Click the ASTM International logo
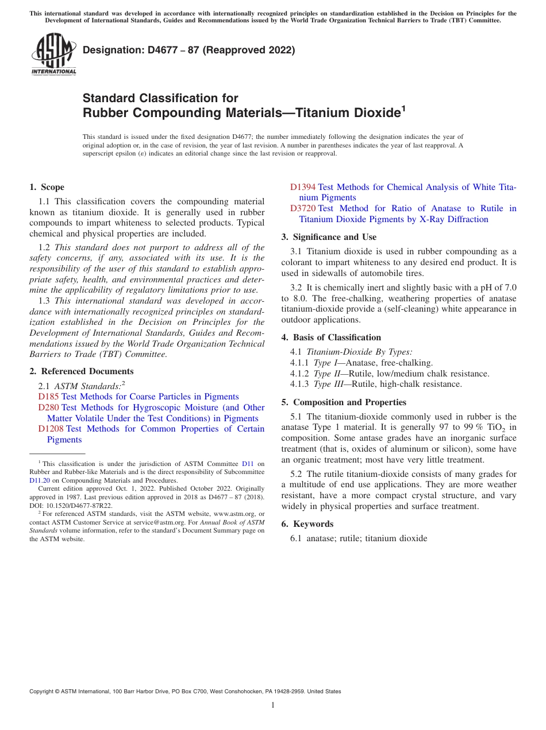[53, 54]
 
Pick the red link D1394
[302, 187]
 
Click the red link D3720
[302, 208]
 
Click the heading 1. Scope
[47, 187]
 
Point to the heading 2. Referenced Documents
[81, 371]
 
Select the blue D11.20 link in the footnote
[40, 480]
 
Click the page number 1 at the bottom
[273, 705]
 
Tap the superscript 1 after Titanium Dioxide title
[403, 108]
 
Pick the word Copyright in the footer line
[42, 692]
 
